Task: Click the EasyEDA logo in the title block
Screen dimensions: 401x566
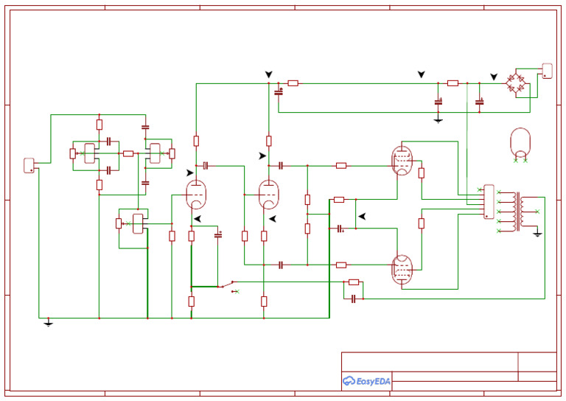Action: [x=366, y=380]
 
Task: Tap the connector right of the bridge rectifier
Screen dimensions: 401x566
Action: [x=547, y=71]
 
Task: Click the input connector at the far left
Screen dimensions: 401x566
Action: [x=29, y=164]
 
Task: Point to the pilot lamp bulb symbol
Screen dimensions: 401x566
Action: [x=520, y=143]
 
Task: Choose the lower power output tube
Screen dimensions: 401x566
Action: [x=402, y=269]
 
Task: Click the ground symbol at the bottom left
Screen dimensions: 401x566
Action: [x=48, y=322]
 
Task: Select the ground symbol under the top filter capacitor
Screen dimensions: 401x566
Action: [x=438, y=119]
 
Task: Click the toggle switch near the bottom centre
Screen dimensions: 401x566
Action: [x=229, y=285]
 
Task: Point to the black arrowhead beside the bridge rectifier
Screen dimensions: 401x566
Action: [x=494, y=77]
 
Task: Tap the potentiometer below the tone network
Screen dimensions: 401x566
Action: [x=137, y=223]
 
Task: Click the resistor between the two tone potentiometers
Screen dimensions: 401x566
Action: [x=128, y=153]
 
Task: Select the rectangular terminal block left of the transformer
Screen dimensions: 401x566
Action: [x=489, y=202]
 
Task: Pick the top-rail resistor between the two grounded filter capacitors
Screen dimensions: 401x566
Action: [x=453, y=83]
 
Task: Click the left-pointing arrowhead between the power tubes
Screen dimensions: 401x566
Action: [x=361, y=216]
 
